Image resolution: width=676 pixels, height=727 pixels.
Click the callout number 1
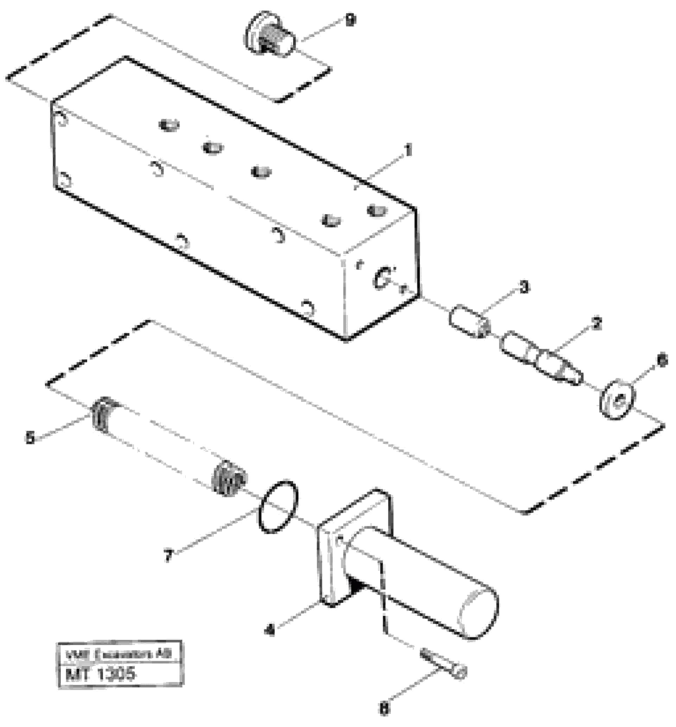(408, 150)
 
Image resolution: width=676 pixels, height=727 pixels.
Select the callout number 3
(524, 288)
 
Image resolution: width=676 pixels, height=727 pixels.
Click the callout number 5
(30, 438)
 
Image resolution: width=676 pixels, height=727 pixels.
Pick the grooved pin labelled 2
(541, 357)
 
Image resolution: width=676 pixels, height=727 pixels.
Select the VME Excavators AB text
(119, 655)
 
